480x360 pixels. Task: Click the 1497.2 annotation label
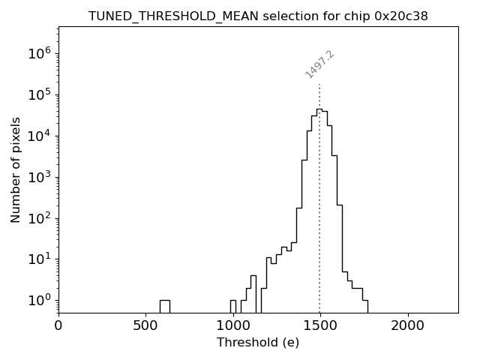(x=319, y=64)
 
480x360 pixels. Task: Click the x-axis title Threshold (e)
(x=258, y=343)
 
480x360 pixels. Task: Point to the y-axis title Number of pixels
(x=16, y=169)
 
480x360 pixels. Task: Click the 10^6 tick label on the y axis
(x=38, y=53)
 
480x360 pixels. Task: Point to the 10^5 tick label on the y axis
(x=38, y=94)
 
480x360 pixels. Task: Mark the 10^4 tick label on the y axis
(x=38, y=136)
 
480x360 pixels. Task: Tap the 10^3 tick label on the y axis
(x=38, y=177)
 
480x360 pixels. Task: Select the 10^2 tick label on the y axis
(x=38, y=218)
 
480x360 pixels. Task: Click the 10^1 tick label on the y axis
(x=38, y=259)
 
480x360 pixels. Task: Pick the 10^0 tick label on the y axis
(x=38, y=300)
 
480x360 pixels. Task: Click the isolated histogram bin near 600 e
(x=164, y=305)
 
